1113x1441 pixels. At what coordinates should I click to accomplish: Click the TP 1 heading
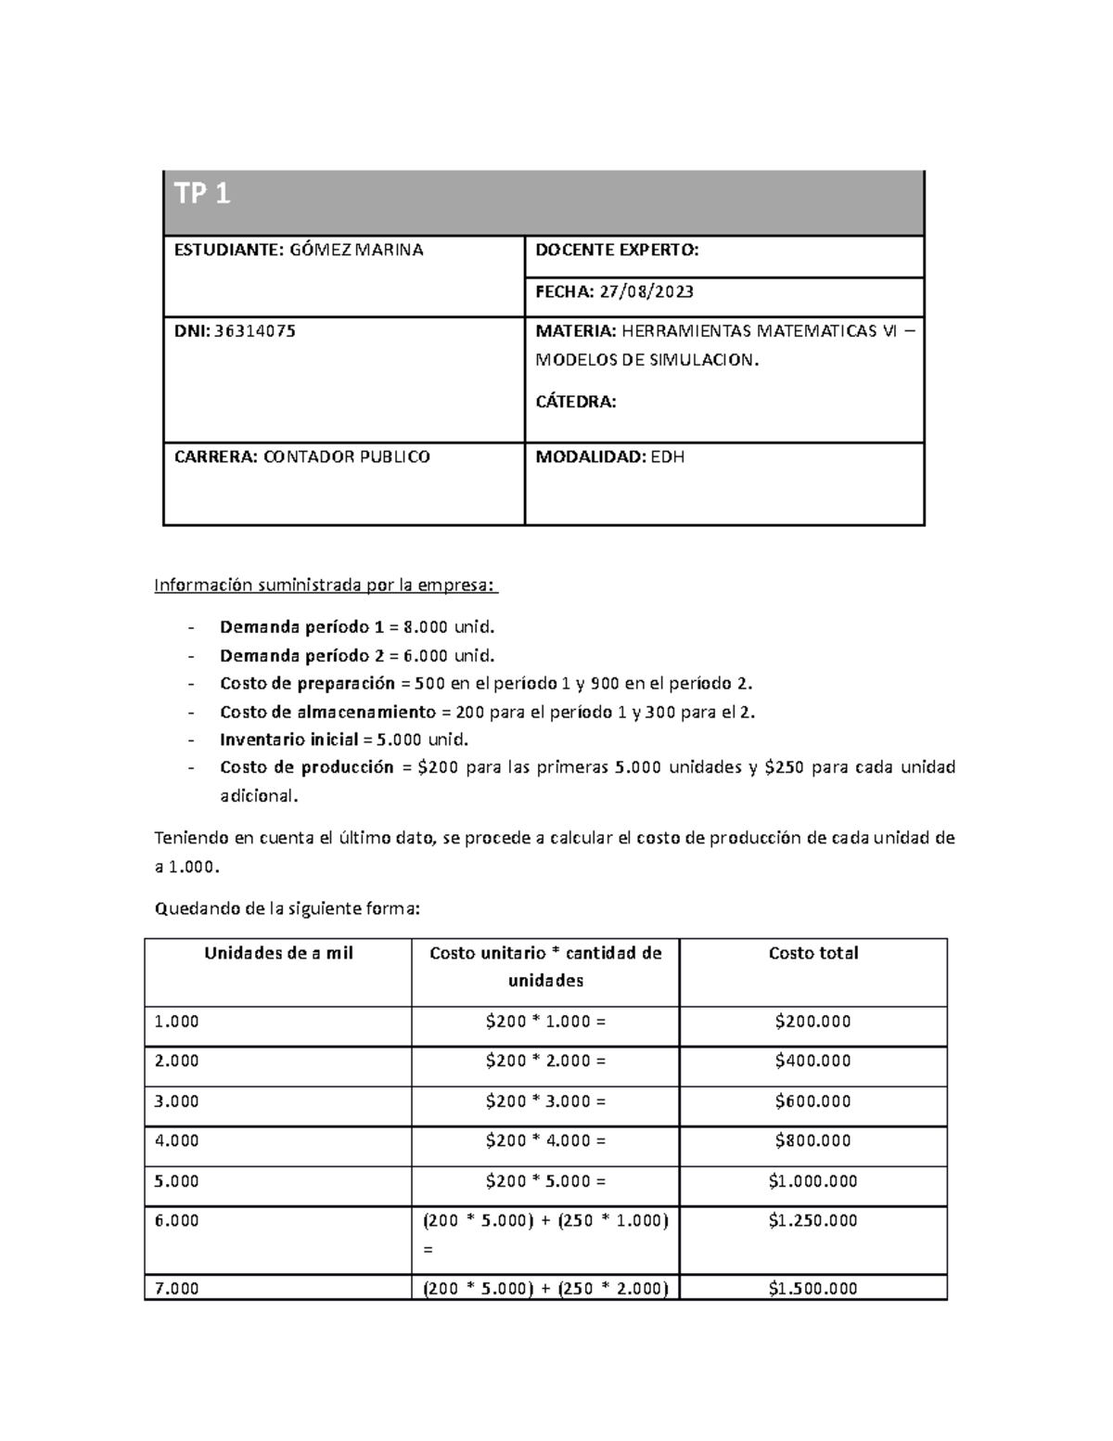click(x=201, y=194)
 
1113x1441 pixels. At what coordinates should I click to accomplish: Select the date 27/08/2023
click(x=646, y=291)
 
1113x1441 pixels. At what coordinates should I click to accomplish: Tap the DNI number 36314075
click(x=255, y=330)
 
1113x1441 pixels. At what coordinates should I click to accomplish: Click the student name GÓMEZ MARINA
click(x=357, y=250)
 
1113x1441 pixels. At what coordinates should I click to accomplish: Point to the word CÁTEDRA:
click(x=575, y=402)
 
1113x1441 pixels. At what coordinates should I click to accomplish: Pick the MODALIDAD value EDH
click(x=667, y=457)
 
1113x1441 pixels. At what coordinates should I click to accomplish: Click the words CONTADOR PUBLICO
click(x=347, y=457)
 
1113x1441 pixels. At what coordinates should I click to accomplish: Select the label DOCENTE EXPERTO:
click(x=616, y=250)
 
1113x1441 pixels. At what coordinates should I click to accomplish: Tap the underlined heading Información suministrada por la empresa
click(x=325, y=585)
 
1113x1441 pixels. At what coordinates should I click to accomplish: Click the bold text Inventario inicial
click(x=288, y=740)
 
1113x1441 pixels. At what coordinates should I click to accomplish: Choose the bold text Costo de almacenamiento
click(x=326, y=712)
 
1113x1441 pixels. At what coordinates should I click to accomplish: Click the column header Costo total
click(x=812, y=953)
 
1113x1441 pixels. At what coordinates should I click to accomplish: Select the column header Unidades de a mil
click(x=278, y=953)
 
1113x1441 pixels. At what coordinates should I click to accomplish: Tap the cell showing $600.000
click(x=812, y=1100)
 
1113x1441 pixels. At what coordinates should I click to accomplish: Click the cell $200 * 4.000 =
click(x=545, y=1140)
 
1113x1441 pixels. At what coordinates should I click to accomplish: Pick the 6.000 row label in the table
click(x=176, y=1221)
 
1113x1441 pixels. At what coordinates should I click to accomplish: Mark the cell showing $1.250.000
click(x=812, y=1221)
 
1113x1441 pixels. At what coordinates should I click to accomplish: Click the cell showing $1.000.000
click(x=812, y=1181)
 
